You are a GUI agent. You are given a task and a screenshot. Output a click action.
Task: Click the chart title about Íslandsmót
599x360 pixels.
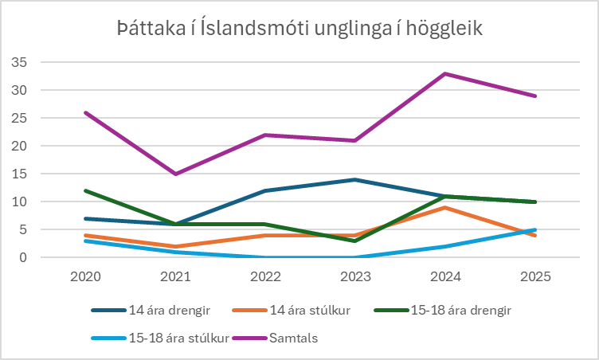pyautogui.click(x=299, y=29)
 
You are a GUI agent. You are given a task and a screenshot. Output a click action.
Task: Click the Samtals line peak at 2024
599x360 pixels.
pyautogui.click(x=444, y=74)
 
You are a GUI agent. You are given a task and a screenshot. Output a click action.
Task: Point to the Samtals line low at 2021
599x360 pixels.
pyautogui.click(x=175, y=174)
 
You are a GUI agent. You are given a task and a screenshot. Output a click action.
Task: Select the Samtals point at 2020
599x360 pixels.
pyautogui.click(x=84, y=112)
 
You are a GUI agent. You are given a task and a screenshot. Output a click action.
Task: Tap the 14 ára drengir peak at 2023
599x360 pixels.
pyautogui.click(x=354, y=180)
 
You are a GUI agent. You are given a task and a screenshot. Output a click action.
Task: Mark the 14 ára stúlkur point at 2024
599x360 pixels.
pyautogui.click(x=444, y=208)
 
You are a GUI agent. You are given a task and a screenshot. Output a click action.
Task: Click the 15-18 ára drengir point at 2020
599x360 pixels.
pyautogui.click(x=84, y=191)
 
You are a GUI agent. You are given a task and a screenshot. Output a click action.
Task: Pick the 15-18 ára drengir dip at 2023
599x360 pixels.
pyautogui.click(x=354, y=241)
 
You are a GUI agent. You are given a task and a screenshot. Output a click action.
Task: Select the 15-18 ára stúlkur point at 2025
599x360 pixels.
pyautogui.click(x=534, y=230)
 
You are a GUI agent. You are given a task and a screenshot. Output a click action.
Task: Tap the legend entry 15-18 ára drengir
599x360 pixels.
pyautogui.click(x=421, y=310)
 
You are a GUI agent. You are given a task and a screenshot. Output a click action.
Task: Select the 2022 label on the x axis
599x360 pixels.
pyautogui.click(x=264, y=279)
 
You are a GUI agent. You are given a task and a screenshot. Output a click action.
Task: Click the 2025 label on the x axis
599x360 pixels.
pyautogui.click(x=534, y=279)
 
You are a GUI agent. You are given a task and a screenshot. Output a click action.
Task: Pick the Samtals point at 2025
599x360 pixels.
pyautogui.click(x=534, y=96)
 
